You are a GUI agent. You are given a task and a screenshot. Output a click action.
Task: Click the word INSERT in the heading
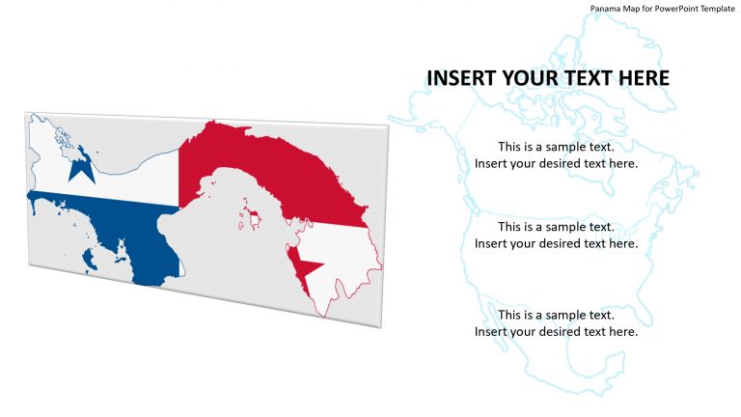coord(458,78)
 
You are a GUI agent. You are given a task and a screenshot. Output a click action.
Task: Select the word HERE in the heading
coord(641,78)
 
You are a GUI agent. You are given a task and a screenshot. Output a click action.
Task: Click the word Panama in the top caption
coord(605,8)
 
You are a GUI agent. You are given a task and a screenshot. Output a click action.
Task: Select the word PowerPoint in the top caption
coord(672,8)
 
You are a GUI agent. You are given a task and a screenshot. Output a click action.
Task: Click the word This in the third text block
coord(510,315)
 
